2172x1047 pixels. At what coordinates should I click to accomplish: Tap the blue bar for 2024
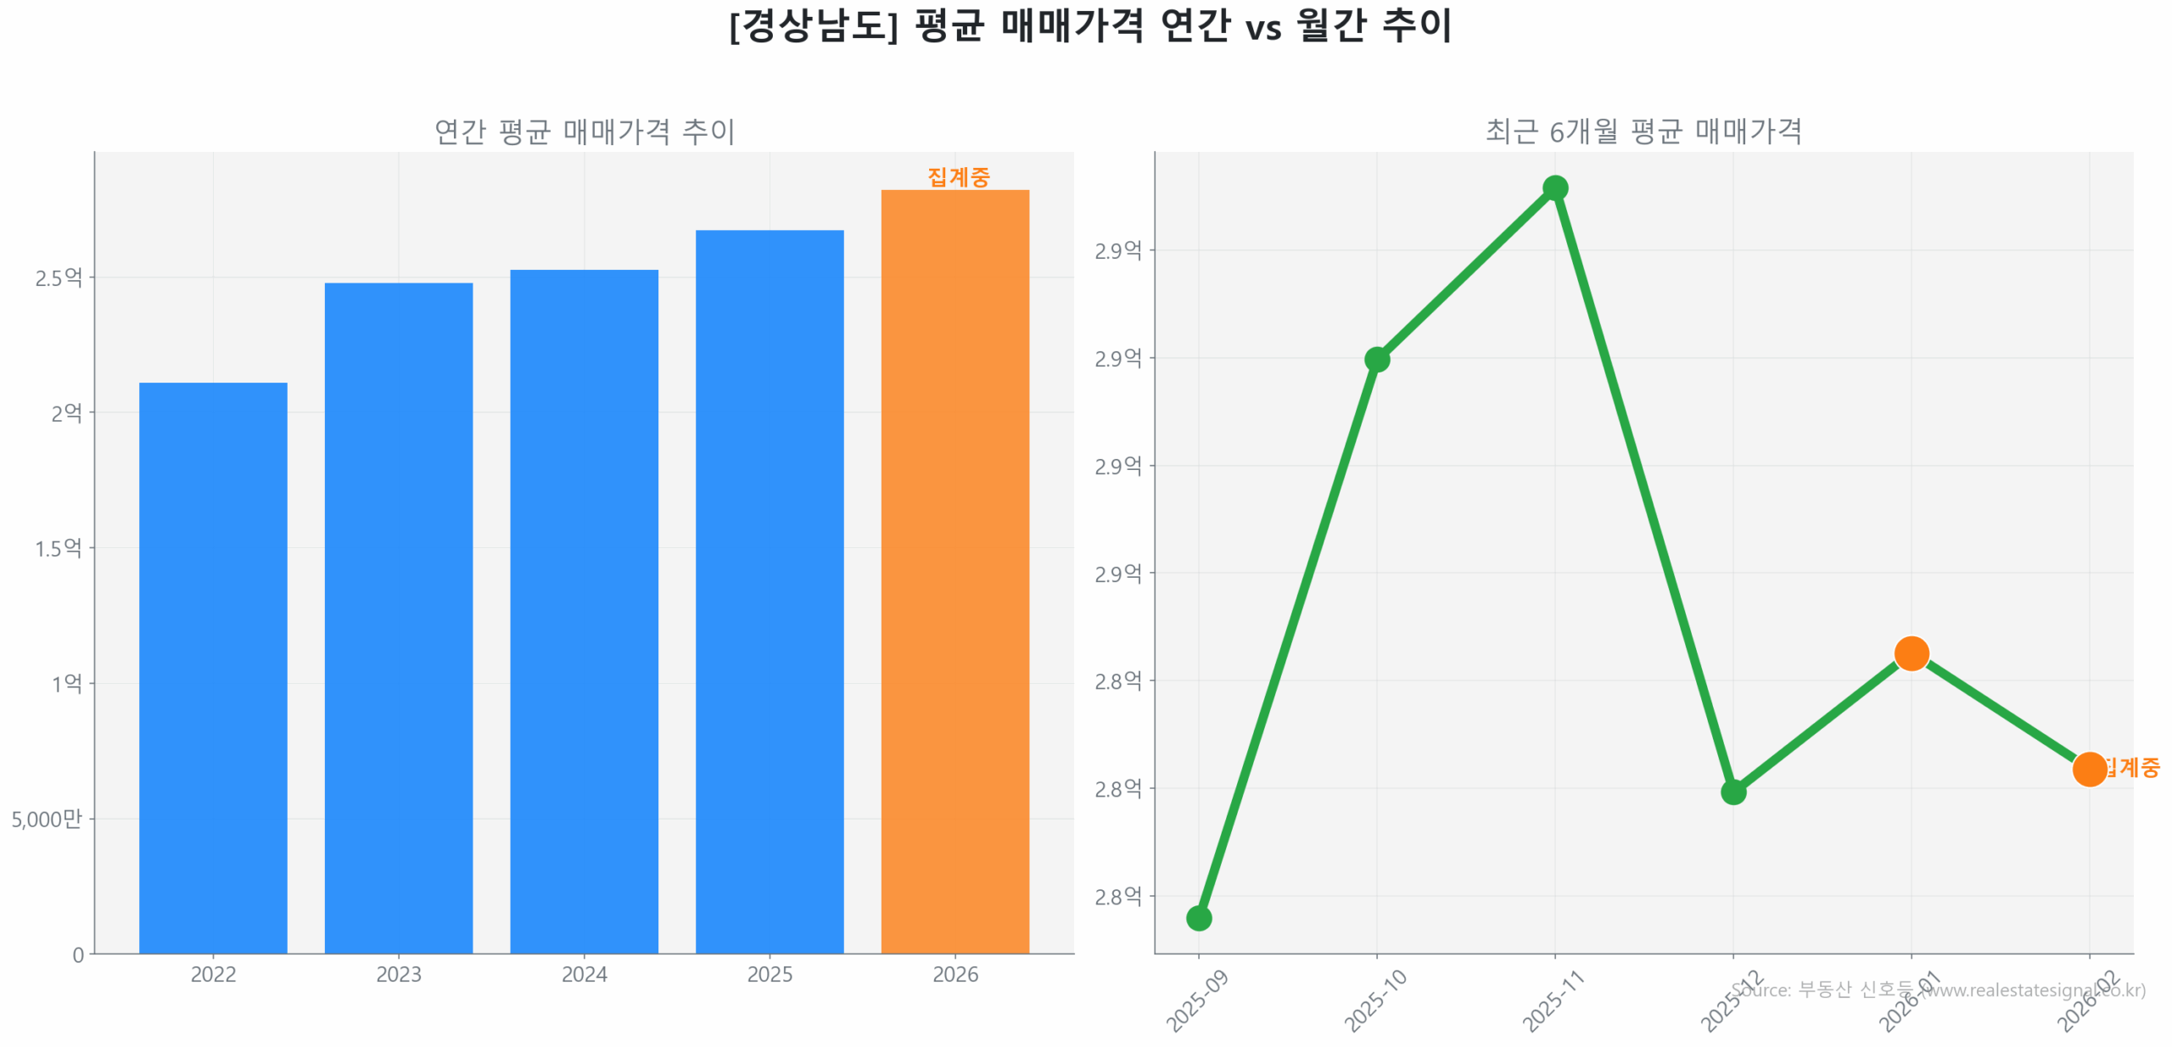[584, 611]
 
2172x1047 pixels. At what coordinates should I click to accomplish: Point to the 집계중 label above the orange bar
[958, 176]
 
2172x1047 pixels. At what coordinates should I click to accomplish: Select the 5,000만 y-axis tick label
[46, 818]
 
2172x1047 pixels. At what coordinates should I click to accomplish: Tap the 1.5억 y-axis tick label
[58, 548]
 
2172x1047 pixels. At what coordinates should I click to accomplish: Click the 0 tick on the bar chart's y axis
[78, 955]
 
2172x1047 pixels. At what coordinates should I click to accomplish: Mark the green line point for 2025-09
[1198, 917]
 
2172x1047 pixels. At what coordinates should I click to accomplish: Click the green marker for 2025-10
[1376, 360]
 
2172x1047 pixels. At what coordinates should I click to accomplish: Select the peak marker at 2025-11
[1554, 188]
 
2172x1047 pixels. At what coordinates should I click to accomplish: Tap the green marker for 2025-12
[1733, 792]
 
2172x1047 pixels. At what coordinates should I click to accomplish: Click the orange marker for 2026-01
[1911, 653]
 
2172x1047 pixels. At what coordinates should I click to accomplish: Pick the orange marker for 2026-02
[2088, 769]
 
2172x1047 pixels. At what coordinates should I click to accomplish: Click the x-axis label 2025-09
[1196, 1000]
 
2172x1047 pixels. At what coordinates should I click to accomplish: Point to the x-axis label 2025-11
[1553, 1000]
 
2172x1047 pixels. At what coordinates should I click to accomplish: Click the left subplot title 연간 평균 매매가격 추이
[584, 132]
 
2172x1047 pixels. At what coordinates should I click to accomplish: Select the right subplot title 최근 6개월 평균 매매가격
[1643, 132]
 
